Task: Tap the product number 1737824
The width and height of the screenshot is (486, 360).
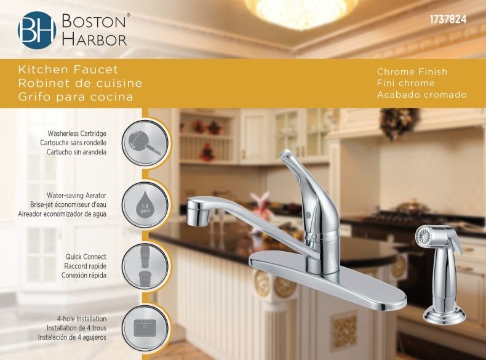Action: click(448, 19)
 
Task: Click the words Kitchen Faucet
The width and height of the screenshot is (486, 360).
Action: click(68, 70)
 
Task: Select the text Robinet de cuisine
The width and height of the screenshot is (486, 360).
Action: click(80, 83)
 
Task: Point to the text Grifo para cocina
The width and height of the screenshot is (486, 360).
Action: click(76, 97)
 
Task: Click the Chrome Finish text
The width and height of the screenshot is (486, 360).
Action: click(412, 72)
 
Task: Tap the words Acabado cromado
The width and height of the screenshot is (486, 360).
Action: click(421, 94)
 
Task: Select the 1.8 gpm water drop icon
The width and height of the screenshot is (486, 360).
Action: click(145, 205)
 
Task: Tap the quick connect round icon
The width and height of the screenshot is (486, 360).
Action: click(145, 266)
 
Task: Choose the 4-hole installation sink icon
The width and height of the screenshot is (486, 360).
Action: click(145, 328)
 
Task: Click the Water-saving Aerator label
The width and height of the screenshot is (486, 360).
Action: click(76, 196)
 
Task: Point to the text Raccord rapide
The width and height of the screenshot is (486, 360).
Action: click(86, 266)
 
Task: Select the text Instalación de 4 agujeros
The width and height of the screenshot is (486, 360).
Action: click(72, 337)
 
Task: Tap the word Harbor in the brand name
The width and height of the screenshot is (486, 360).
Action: click(95, 39)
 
